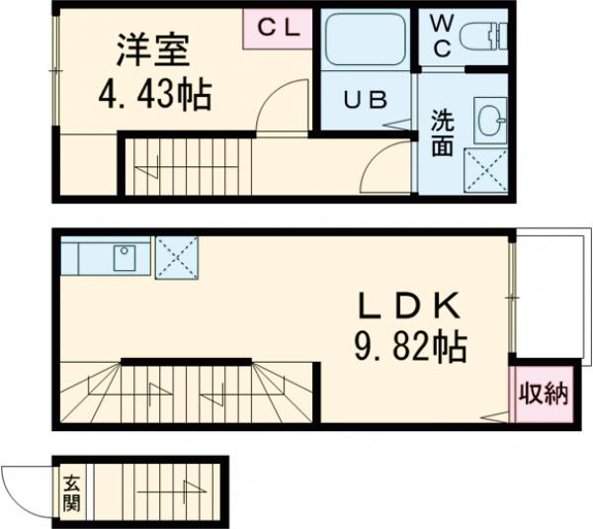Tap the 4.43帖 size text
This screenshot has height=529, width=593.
153,95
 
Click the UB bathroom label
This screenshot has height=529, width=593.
362,99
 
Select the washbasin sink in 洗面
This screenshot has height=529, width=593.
487,121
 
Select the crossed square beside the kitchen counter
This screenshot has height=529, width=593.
177,257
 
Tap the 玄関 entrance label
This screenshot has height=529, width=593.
72,492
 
